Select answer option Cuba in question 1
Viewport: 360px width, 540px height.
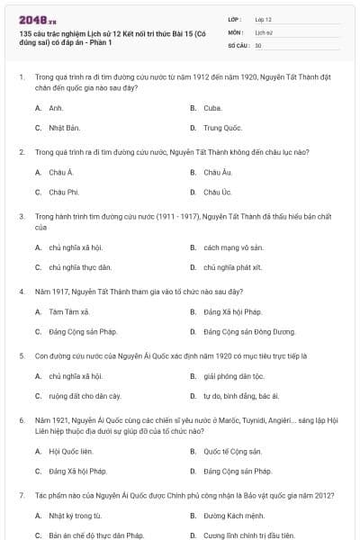pyautogui.click(x=212, y=107)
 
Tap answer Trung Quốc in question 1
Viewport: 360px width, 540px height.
pyautogui.click(x=222, y=128)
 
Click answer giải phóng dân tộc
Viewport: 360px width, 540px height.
pyautogui.click(x=233, y=376)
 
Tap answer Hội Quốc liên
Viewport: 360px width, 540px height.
pyautogui.click(x=71, y=451)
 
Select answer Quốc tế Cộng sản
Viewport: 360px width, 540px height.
pyautogui.click(x=232, y=451)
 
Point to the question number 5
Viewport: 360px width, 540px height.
pyautogui.click(x=21, y=355)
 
